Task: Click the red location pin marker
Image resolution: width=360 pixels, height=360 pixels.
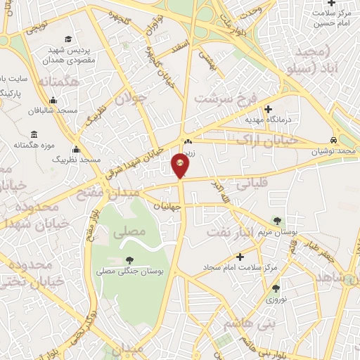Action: click(180, 166)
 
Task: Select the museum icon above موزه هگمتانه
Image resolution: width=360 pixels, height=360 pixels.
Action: click(33, 134)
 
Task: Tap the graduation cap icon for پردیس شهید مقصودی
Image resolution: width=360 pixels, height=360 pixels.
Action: click(67, 39)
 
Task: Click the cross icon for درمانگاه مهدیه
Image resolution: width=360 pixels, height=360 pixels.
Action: click(268, 109)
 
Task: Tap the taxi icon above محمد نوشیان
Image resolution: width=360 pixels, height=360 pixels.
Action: click(334, 140)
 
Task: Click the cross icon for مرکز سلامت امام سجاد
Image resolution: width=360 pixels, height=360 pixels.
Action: click(239, 256)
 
